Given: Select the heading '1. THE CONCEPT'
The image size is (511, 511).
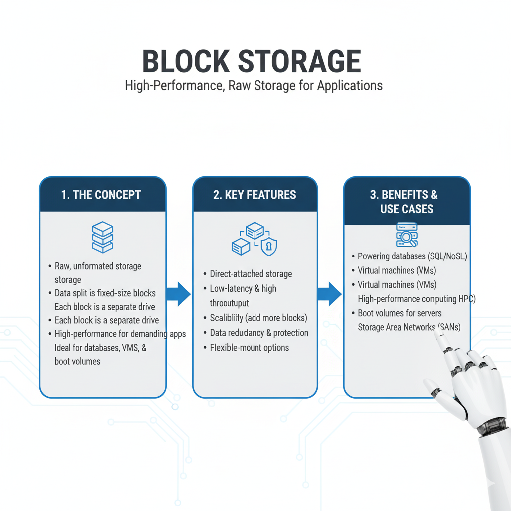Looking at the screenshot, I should coord(101,195).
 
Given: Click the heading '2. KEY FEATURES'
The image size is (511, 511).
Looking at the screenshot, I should coord(255,195).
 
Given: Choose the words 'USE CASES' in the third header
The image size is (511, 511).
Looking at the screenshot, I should coord(407,209).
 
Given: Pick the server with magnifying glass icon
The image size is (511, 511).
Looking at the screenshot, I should coord(407,235).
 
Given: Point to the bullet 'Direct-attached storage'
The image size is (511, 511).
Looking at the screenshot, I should coord(251,274).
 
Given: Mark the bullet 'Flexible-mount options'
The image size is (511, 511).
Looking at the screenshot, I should coord(249,347).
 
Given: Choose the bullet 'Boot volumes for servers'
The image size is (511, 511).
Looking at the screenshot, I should coord(399,313).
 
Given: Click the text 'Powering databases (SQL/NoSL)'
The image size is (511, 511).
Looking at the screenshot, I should coord(412,256).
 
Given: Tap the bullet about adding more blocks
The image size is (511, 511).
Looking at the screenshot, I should coord(258,318).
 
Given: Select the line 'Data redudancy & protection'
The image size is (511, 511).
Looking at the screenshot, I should coord(258,333).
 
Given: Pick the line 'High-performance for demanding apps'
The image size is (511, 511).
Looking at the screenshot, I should coord(120,334).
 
